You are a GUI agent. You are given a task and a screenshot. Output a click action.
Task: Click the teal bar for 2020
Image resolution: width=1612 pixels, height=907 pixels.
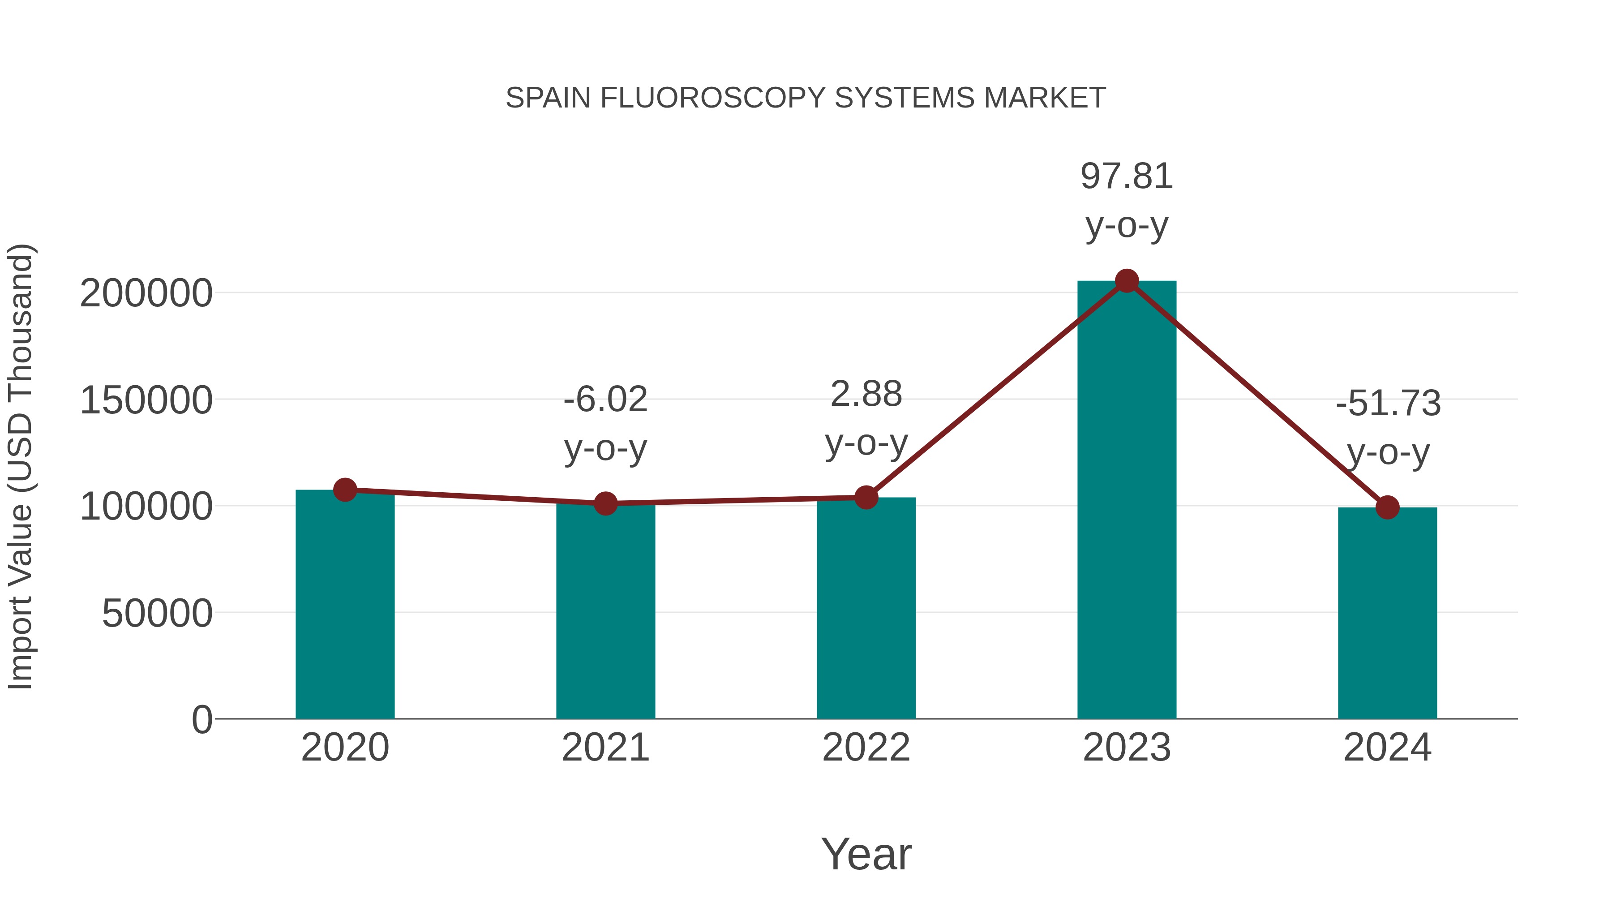[x=345, y=604]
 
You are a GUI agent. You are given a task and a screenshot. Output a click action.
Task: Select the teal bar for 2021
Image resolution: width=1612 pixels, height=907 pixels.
[x=605, y=610]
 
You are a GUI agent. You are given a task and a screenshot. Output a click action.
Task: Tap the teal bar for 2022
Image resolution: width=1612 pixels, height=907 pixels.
[x=866, y=608]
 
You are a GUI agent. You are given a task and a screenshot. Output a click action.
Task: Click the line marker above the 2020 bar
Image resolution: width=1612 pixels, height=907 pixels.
[x=345, y=490]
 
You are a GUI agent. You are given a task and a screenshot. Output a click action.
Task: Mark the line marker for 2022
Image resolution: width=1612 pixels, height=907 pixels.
[x=866, y=498]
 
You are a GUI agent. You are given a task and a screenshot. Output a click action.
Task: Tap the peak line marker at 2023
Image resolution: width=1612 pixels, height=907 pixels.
[x=1127, y=281]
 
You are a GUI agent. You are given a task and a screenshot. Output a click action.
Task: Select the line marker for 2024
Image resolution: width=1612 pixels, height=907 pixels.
[x=1387, y=507]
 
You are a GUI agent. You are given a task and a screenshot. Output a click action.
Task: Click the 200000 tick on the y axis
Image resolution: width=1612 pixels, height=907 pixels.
[x=146, y=293]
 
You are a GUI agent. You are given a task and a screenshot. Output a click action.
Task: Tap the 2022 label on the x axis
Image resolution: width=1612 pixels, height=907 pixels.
[x=866, y=748]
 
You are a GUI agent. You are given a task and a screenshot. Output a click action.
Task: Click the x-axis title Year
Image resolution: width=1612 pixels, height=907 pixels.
[x=866, y=854]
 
